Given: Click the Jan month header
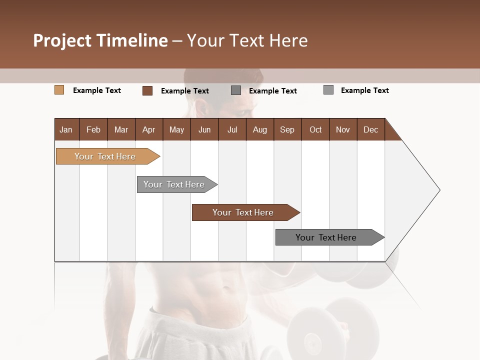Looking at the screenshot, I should tap(66, 129).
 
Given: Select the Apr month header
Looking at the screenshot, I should tap(148, 129).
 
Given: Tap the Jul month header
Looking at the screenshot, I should tap(232, 129).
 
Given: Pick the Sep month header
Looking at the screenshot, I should tap(287, 129).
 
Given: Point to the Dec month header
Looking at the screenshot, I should tap(370, 129).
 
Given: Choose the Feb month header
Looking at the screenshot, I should tap(93, 129).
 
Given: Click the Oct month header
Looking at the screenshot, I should tap(315, 129).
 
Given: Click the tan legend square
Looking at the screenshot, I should tap(59, 90).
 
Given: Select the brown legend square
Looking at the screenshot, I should tap(147, 90).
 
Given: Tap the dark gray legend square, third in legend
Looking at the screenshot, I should tap(236, 90).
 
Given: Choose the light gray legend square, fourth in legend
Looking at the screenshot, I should tap(328, 90).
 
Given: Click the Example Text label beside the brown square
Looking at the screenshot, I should tap(185, 91).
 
